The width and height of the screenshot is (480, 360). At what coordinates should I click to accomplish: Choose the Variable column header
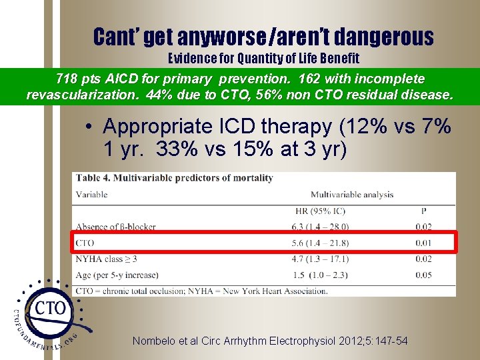point(92,195)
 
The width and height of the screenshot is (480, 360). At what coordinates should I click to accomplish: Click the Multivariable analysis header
point(351,195)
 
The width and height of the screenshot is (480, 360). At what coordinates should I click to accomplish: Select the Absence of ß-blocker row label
point(115,227)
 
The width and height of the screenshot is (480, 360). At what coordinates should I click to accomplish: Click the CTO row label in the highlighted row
point(85,243)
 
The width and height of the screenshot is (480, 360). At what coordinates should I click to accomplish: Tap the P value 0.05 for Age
point(423,275)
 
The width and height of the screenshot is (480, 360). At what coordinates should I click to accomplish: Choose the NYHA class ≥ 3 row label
point(106,259)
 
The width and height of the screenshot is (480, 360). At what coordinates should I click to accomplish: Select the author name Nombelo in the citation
point(155,341)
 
